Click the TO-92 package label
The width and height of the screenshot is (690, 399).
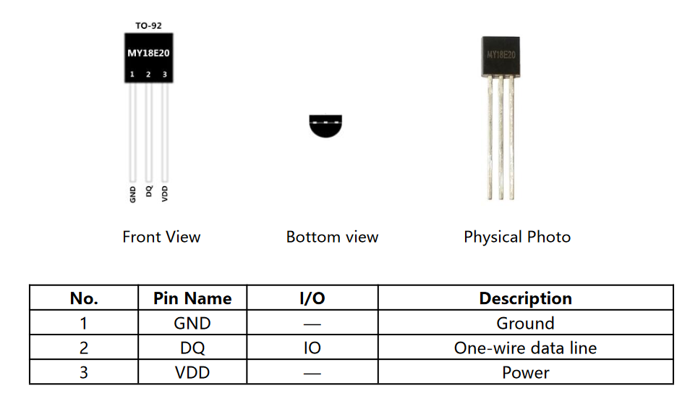(148, 25)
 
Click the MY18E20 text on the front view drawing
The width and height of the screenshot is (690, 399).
(148, 53)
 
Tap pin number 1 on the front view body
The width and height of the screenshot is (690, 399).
(132, 75)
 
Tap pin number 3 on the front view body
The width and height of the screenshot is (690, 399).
(165, 75)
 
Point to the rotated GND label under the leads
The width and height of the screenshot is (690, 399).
(133, 194)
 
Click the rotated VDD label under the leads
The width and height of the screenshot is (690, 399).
(165, 193)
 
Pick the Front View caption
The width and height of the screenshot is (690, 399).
(161, 237)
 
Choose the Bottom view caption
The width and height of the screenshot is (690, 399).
(332, 237)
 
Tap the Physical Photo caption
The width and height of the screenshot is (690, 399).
(517, 237)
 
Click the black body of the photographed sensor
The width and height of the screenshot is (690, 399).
(501, 56)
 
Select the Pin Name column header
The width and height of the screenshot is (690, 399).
(192, 298)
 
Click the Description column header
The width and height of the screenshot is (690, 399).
(525, 298)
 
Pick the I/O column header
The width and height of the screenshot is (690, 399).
(312, 298)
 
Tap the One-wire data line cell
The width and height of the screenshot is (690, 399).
(525, 348)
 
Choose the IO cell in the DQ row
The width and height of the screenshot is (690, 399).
(312, 348)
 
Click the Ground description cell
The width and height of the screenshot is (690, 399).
(525, 324)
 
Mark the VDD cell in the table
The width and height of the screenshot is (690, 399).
(192, 373)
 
